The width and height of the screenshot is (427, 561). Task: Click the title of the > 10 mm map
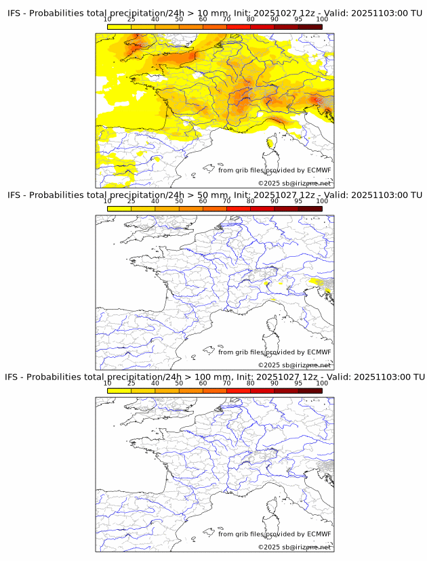pos(214,13)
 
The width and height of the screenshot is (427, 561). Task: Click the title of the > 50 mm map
pos(214,195)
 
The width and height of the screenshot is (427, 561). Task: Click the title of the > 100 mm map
pos(214,377)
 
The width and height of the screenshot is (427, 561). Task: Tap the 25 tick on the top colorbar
pos(131,19)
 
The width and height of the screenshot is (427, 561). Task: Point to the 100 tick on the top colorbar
pos(322,19)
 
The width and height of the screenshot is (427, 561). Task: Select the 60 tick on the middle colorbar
pos(203,201)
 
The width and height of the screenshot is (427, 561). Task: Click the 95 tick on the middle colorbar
pos(298,201)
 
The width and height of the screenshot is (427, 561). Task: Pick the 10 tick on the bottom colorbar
pos(107,383)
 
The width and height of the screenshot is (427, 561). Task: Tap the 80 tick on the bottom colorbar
pos(250,383)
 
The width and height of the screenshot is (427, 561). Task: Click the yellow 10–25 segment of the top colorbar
pos(119,27)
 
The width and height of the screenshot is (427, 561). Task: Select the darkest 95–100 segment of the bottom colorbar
pos(310,391)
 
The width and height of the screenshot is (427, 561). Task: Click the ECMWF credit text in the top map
pos(274,170)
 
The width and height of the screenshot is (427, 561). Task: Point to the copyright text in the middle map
pos(294,365)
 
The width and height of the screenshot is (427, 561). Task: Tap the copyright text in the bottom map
pos(294,547)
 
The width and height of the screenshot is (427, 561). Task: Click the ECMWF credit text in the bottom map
pos(274,534)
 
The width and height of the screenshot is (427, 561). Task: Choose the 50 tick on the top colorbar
pos(179,19)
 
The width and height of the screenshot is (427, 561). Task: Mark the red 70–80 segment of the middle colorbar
pos(238,209)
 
